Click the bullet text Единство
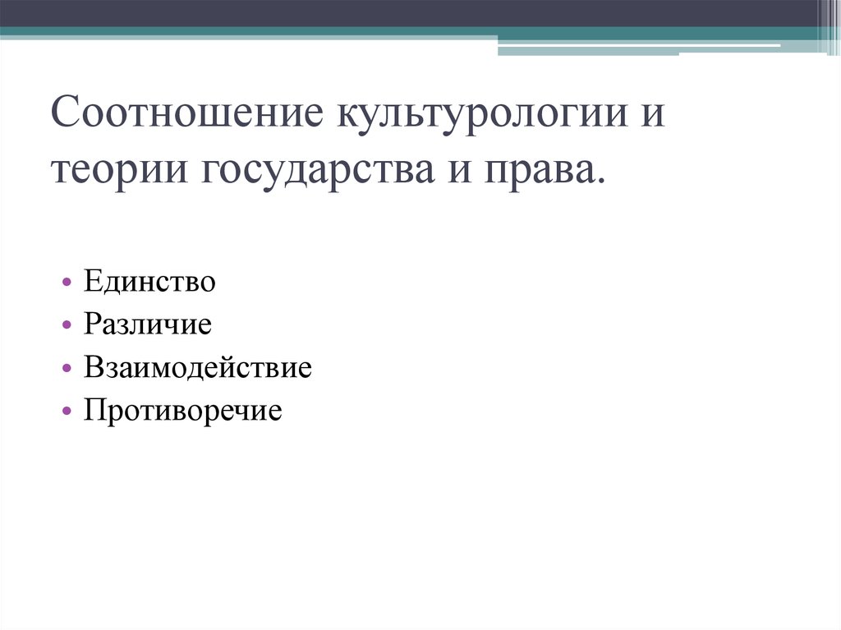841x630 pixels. point(149,283)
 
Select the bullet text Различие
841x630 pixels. point(147,324)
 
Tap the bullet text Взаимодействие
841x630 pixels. point(197,367)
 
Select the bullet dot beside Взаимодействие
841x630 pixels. point(65,369)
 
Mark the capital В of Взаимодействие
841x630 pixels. point(90,367)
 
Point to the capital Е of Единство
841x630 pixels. point(90,283)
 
